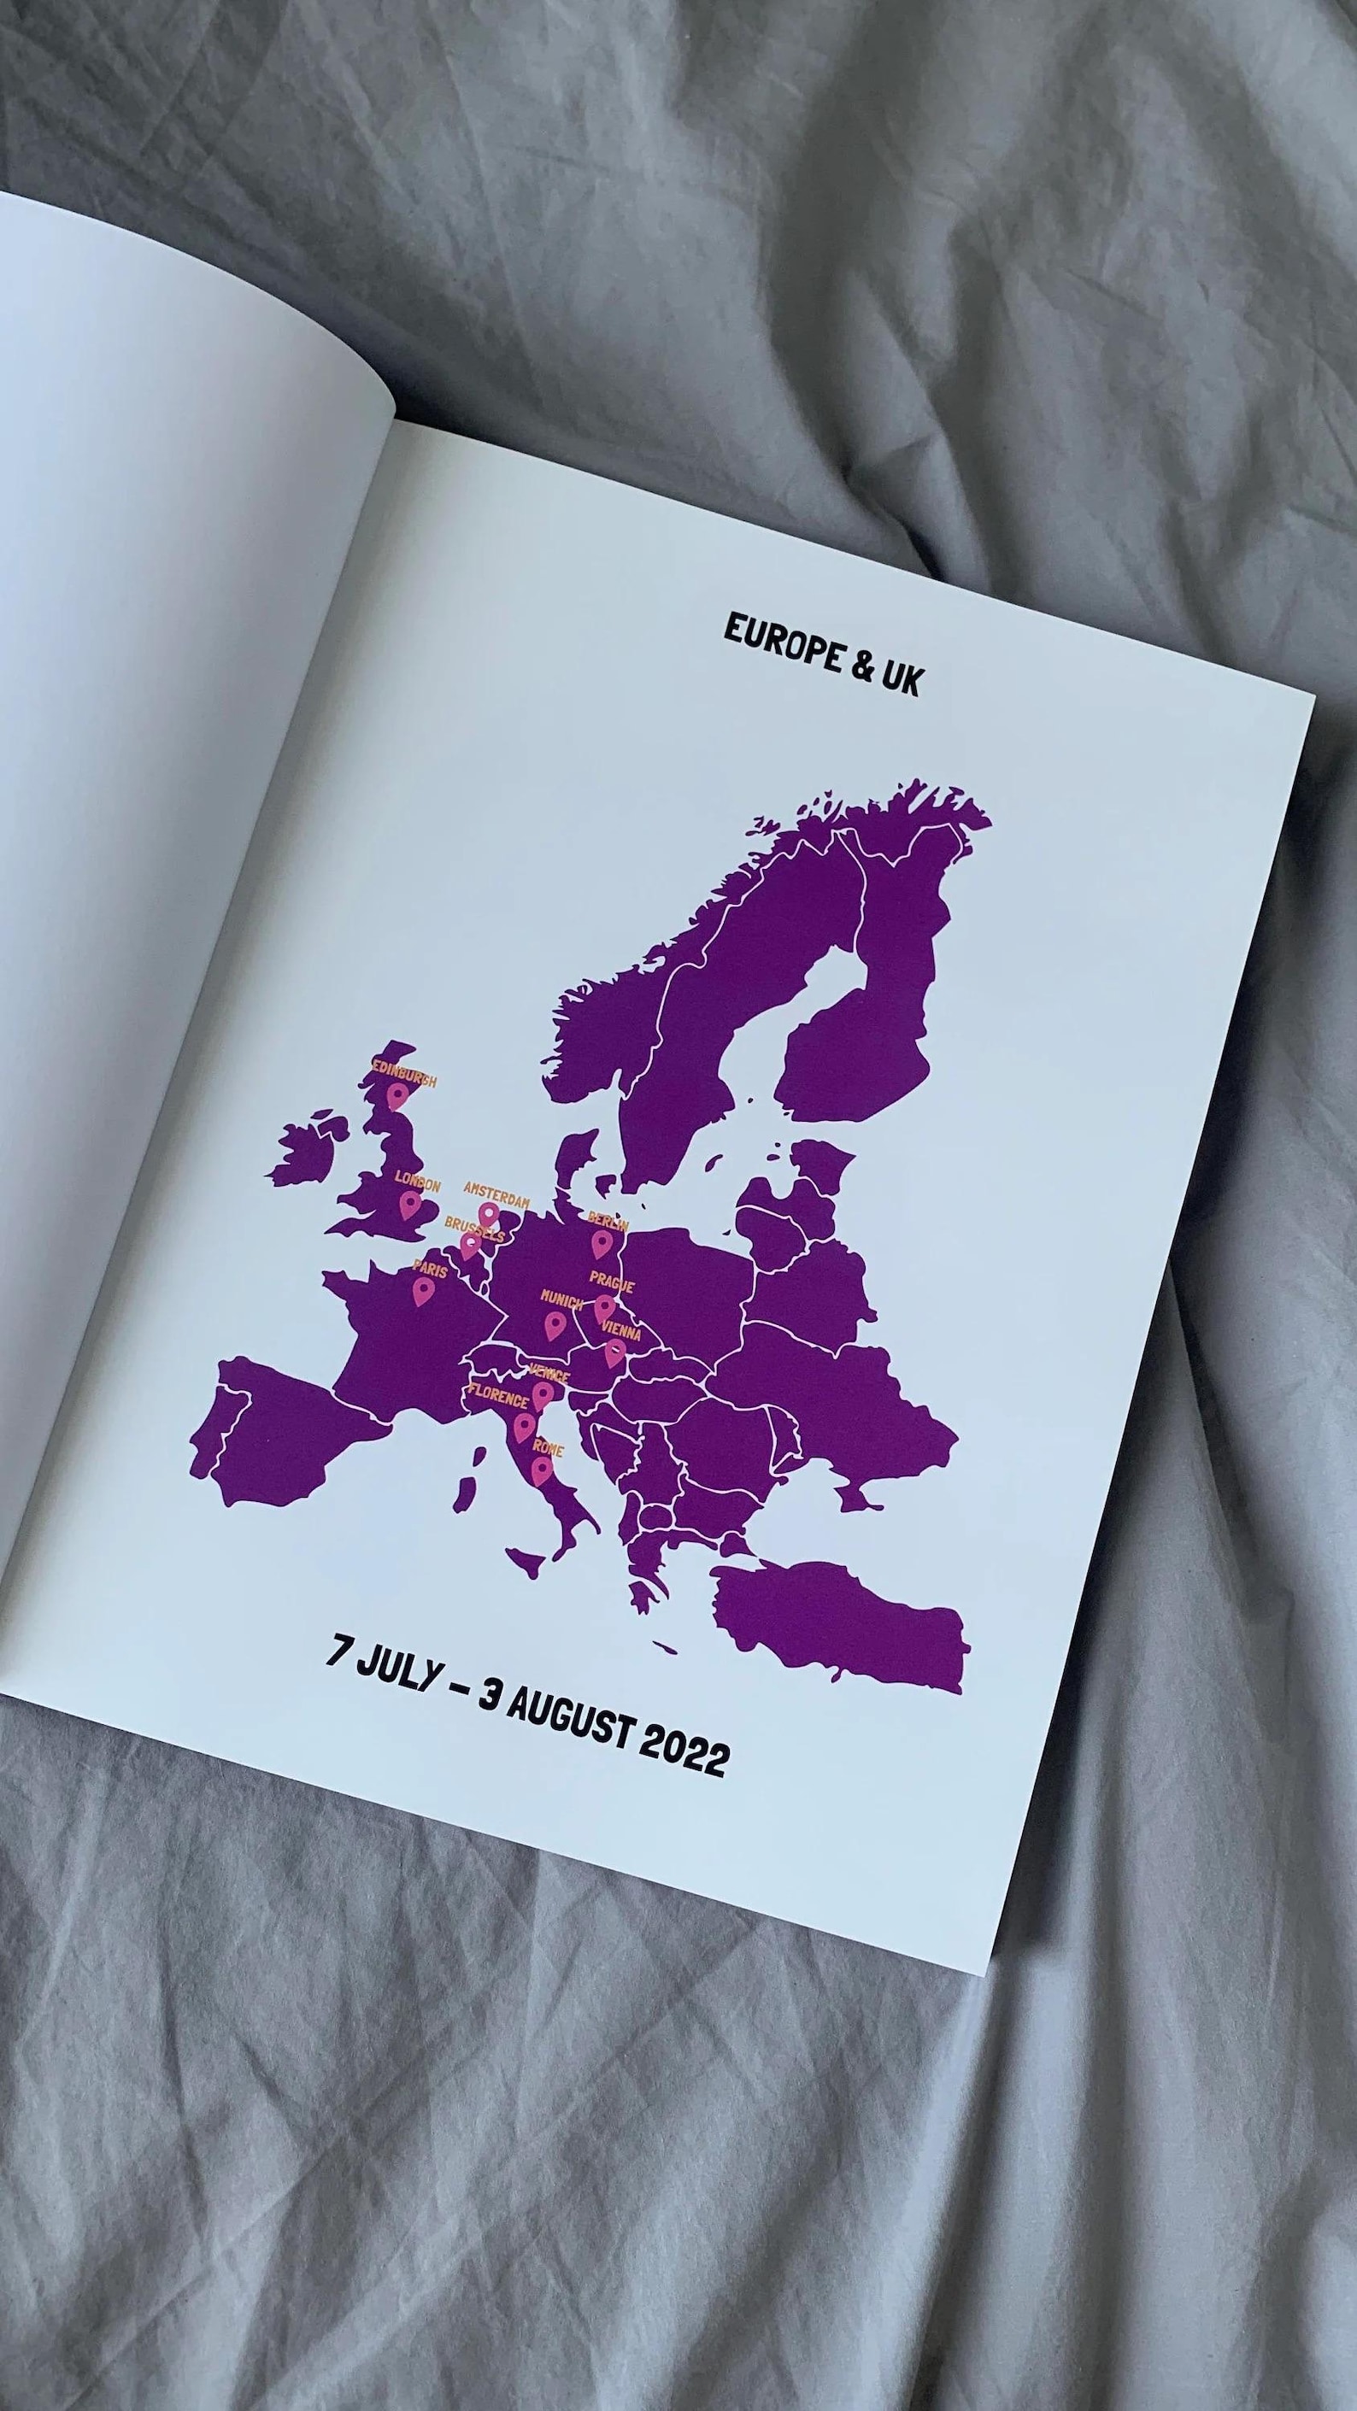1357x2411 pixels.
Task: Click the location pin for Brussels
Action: pos(469,1246)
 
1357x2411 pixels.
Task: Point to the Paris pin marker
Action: pos(423,1292)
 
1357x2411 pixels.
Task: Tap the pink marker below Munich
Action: pos(554,1324)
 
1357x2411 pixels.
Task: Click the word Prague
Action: pos(611,1283)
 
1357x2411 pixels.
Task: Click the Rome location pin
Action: pos(541,1470)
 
